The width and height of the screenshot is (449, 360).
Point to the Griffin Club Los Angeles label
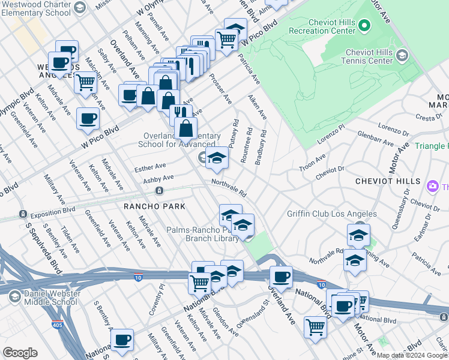pyautogui.click(x=332, y=214)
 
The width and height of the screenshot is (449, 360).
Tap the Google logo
pyautogui.click(x=20, y=353)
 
